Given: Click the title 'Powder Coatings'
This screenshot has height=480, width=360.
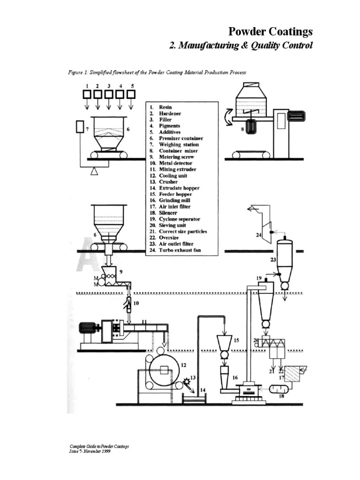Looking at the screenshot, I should (x=270, y=32).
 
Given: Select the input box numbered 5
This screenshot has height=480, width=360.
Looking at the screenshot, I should (x=132, y=94).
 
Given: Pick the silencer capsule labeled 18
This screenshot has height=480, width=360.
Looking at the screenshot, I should (x=277, y=390).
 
